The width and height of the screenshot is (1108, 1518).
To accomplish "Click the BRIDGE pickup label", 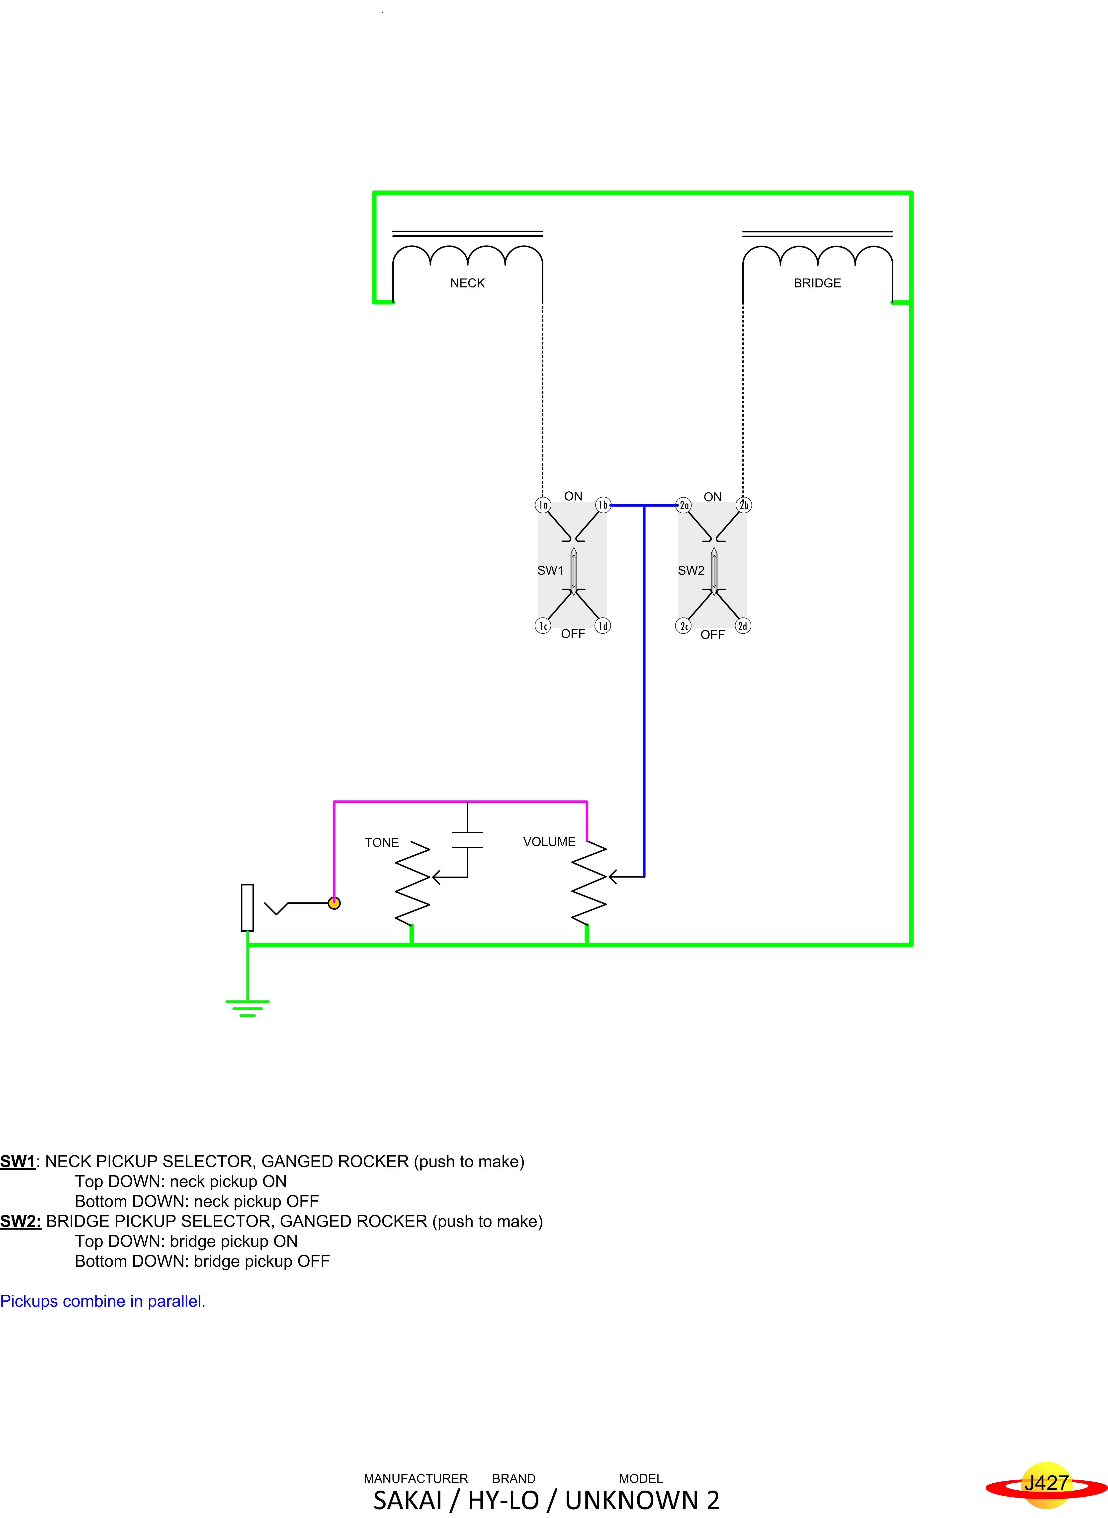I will [817, 283].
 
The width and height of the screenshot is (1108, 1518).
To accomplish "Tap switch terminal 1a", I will [543, 504].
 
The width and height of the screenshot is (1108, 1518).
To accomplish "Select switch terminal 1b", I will [603, 504].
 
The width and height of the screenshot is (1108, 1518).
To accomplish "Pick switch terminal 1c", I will [543, 626].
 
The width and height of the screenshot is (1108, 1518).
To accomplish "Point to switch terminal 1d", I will [603, 626].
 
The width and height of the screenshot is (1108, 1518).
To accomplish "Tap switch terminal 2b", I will [744, 504].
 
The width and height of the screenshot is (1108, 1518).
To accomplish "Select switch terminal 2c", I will [683, 626].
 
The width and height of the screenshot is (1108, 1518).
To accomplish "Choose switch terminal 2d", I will [743, 626].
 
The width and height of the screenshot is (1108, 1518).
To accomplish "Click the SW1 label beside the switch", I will [550, 570].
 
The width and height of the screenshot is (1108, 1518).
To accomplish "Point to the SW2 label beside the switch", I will [691, 570].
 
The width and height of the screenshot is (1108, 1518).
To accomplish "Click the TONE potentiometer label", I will [382, 842].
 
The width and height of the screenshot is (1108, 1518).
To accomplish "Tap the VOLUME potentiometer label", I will [549, 842].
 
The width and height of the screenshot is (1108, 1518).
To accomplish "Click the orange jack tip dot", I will [334, 903].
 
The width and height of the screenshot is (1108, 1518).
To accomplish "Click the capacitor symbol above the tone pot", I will [467, 840].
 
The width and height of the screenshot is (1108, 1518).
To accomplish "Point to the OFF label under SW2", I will [712, 634].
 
